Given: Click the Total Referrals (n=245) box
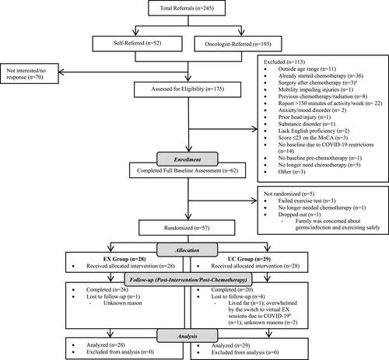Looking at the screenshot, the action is [187, 8].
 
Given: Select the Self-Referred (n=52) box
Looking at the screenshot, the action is [137, 44].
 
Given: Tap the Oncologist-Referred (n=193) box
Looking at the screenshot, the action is [238, 44].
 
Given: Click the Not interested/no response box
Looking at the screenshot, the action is [30, 74].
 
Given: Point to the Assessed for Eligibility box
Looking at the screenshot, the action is [187, 89].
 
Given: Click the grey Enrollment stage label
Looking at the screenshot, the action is [187, 159].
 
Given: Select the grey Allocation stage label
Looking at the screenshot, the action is [187, 250].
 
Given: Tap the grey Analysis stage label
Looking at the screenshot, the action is [187, 336].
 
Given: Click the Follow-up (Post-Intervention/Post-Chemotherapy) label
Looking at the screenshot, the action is [188, 280].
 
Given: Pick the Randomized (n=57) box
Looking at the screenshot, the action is [187, 228].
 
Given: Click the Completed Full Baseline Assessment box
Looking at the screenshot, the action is [187, 170].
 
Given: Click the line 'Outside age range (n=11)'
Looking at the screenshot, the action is [307, 69].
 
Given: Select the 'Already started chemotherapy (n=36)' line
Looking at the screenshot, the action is [321, 76].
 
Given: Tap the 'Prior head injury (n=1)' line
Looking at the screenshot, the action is [304, 117].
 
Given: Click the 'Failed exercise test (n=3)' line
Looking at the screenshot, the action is [307, 201].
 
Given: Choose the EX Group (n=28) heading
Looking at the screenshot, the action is [124, 259].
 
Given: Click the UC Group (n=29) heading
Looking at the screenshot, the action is [249, 259].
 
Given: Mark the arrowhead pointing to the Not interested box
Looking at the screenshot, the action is [61, 72].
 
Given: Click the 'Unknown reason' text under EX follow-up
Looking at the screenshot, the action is [123, 303].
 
